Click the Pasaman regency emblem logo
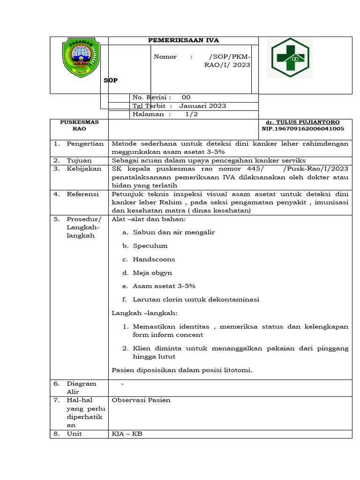point(81,58)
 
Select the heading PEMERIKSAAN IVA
point(183,40)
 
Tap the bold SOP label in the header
point(111,80)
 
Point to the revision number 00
point(186,97)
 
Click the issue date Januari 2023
point(202,106)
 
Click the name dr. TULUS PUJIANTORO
point(303,122)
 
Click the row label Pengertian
point(85,144)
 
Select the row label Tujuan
point(79,160)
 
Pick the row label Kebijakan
point(84,169)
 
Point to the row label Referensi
point(82,194)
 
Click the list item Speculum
point(150,246)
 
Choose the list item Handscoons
point(154,259)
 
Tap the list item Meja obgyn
point(152,272)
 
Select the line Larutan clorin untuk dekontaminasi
point(196,300)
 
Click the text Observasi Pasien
point(141,400)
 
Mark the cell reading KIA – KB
point(127,434)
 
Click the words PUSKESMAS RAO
point(79,125)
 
